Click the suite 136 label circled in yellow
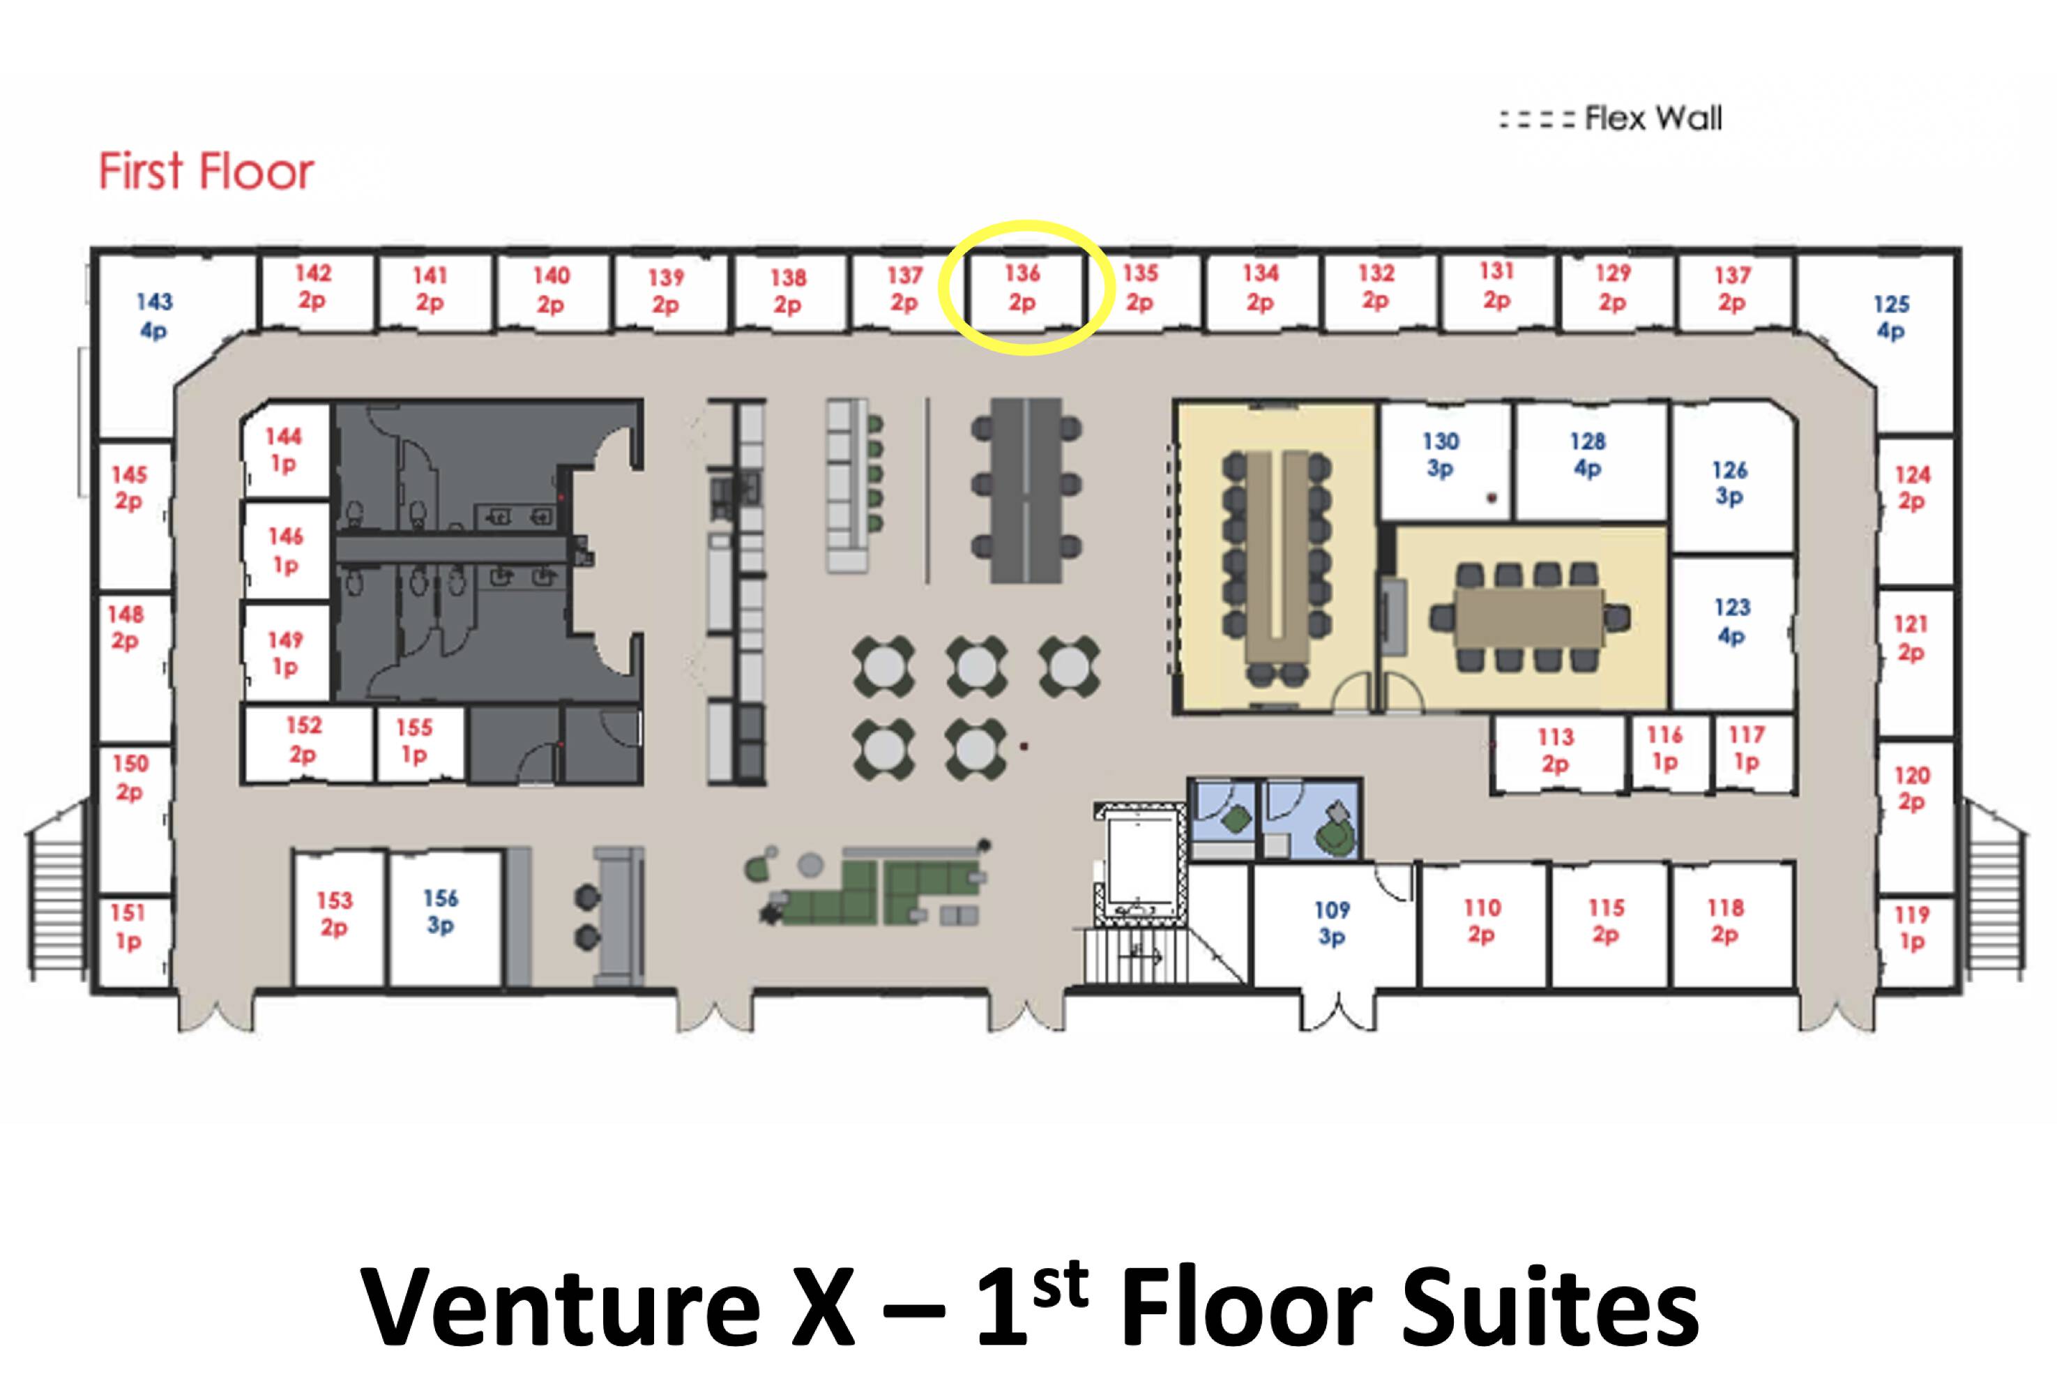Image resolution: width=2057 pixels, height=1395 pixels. pyautogui.click(x=1022, y=287)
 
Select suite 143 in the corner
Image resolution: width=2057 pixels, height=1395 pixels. pyautogui.click(x=154, y=316)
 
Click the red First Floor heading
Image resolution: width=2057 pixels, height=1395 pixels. pyautogui.click(x=206, y=171)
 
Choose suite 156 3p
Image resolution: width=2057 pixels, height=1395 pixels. pyautogui.click(x=440, y=912)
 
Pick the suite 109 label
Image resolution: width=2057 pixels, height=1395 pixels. pyautogui.click(x=1332, y=923)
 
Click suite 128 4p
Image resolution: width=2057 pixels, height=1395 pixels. pyautogui.click(x=1588, y=454)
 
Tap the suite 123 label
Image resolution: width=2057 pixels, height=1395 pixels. pyautogui.click(x=1732, y=621)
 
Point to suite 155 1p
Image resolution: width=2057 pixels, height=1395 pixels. pyautogui.click(x=414, y=741)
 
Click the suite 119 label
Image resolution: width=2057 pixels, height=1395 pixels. pyautogui.click(x=1912, y=928)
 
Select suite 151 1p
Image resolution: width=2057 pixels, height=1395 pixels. pyautogui.click(x=128, y=926)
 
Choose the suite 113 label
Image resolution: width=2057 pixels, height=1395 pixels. pyautogui.click(x=1555, y=750)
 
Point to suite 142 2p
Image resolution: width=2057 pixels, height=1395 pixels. pyautogui.click(x=312, y=287)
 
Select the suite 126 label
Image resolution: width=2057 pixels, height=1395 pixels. pyautogui.click(x=1729, y=483)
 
